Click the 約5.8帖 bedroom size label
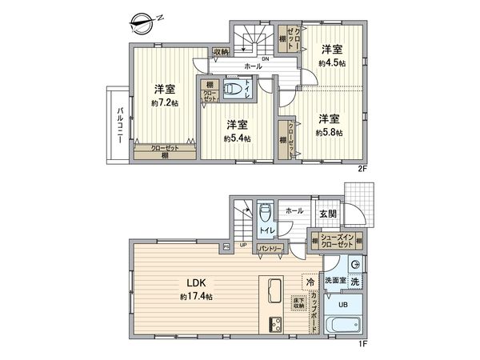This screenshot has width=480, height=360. tap(329, 131)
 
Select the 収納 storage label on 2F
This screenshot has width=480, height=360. tap(222, 52)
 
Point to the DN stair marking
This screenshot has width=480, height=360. tap(265, 58)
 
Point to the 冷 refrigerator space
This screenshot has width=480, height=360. tap(309, 282)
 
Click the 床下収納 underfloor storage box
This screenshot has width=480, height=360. tap(298, 302)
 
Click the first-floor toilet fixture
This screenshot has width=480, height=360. tap(266, 214)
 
